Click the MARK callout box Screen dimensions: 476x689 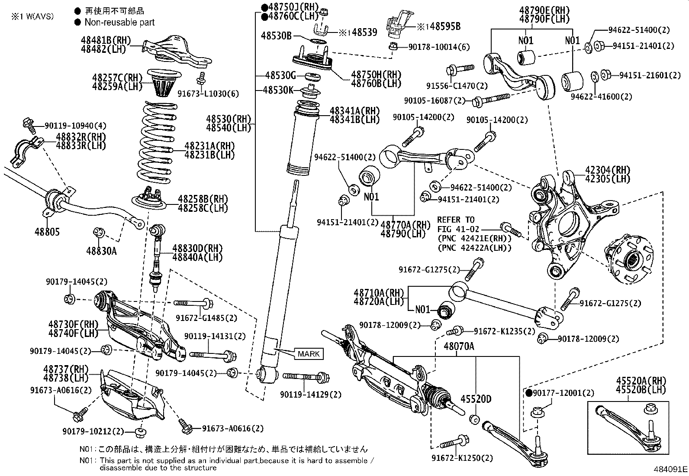[x=309, y=354]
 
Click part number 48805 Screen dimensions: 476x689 [x=47, y=232]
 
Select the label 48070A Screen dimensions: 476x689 [x=459, y=346]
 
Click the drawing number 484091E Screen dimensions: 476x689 [x=670, y=469]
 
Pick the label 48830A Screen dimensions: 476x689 [x=101, y=250]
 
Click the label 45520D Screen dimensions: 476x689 [x=476, y=399]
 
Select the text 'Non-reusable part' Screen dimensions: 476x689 [x=119, y=22]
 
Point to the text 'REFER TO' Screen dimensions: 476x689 [x=456, y=220]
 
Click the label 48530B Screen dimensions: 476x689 [x=276, y=36]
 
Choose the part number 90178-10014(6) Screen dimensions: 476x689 [x=438, y=47]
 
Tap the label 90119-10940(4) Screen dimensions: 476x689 [x=75, y=126]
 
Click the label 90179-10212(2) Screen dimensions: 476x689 [x=93, y=431]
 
